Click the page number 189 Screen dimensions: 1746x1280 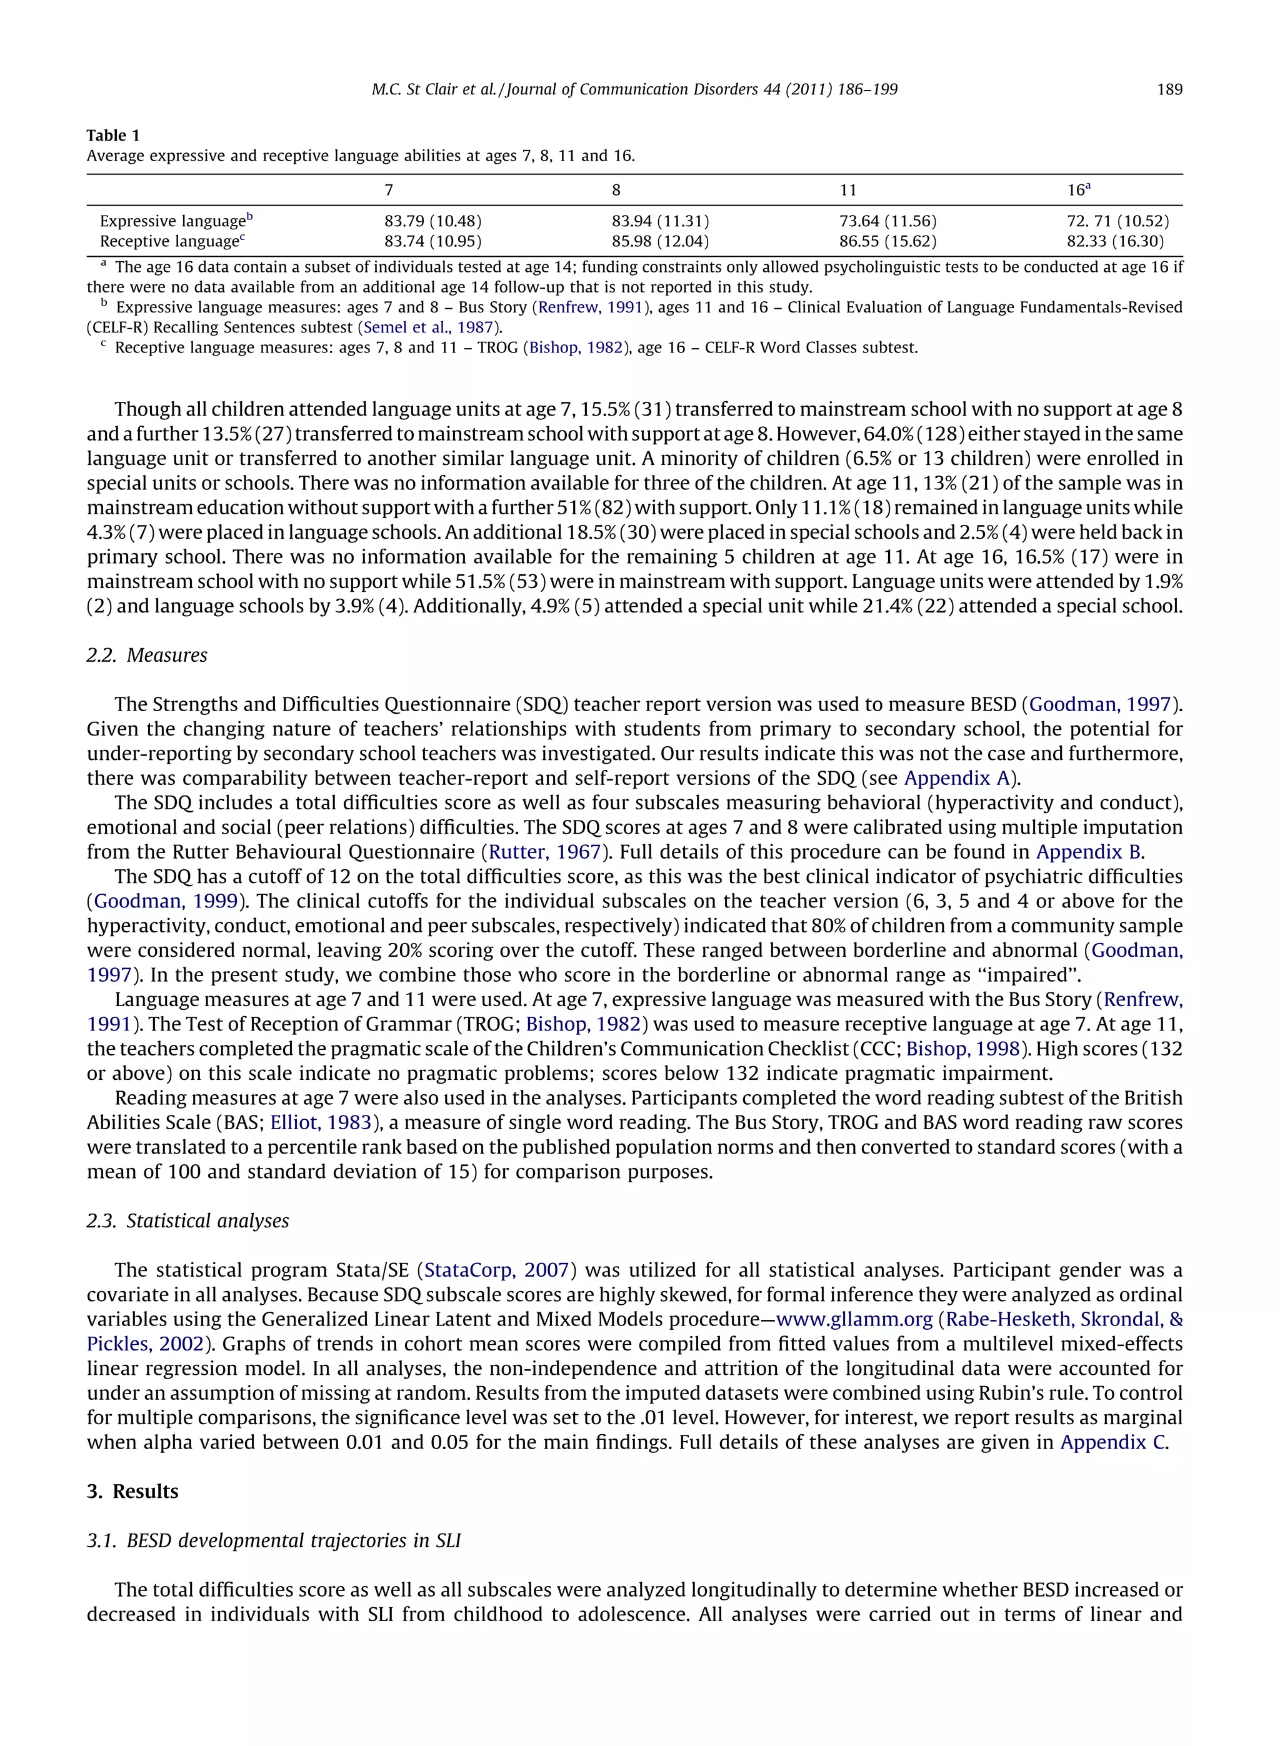[x=1169, y=90]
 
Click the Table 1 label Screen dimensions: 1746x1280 [x=113, y=136]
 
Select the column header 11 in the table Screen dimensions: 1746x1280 [x=847, y=191]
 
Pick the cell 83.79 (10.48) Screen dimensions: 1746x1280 [x=432, y=222]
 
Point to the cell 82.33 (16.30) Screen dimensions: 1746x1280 [x=1115, y=242]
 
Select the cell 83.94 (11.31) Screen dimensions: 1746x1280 [x=660, y=222]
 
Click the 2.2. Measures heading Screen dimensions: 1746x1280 [x=147, y=656]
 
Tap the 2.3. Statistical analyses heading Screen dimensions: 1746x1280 [x=187, y=1221]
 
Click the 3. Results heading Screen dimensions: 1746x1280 [x=132, y=1492]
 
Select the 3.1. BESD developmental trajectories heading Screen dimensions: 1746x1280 [x=274, y=1541]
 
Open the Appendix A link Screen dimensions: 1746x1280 [x=957, y=779]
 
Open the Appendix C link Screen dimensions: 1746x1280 [x=1112, y=1442]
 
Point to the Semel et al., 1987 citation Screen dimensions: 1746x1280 [x=429, y=327]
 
